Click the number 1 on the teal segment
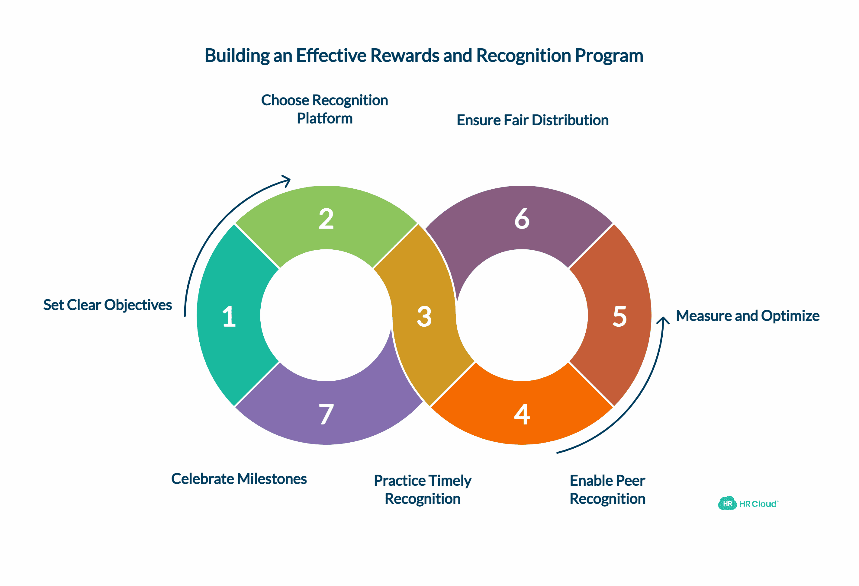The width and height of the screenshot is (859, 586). pos(229,317)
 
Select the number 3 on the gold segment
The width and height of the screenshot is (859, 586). pos(424,317)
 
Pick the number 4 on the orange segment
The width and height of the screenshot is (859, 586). pos(522,414)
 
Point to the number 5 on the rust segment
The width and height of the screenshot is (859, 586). pos(619,317)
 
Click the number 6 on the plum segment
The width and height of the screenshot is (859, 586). pos(522,219)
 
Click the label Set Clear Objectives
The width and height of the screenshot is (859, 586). pos(108,305)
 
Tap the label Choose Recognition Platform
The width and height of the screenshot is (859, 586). pos(324,109)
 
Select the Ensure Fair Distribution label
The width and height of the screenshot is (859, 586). pos(532,120)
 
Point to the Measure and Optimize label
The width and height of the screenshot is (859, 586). pos(747,316)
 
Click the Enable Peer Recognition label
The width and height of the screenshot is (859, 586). pos(607,490)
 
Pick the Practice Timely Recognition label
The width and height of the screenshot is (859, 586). pos(423,490)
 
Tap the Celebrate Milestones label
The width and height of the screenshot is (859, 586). pos(239,479)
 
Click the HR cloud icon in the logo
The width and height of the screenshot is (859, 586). pos(727,503)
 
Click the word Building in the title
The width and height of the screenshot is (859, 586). pos(236,56)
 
